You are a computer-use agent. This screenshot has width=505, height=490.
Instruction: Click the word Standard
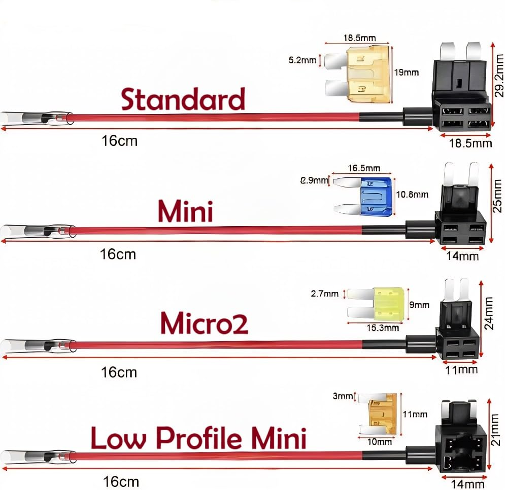click(x=183, y=99)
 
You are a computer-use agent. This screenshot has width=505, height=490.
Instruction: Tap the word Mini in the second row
click(x=185, y=211)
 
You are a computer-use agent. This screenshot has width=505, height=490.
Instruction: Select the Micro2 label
click(x=204, y=323)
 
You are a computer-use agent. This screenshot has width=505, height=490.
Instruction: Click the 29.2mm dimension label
click(x=499, y=76)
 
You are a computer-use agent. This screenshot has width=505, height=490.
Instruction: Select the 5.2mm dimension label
click(x=302, y=61)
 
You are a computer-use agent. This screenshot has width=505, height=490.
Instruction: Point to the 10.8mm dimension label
click(x=412, y=194)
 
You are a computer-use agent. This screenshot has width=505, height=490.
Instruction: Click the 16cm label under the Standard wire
click(x=120, y=140)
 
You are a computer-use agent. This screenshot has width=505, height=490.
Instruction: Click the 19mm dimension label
click(x=407, y=72)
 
